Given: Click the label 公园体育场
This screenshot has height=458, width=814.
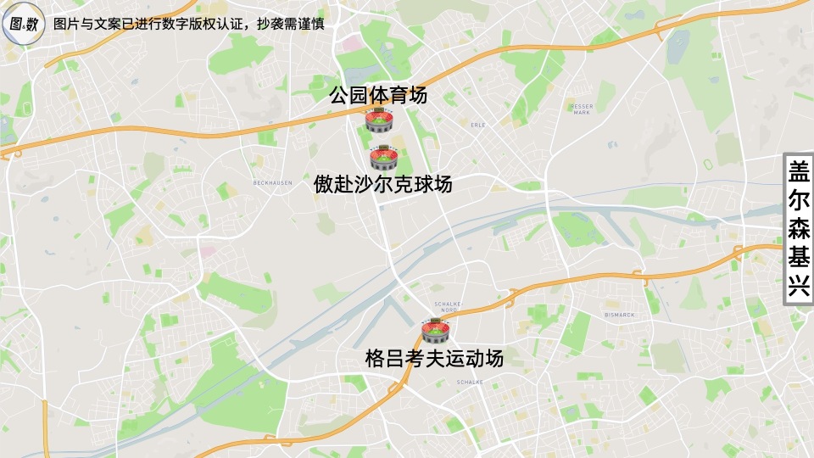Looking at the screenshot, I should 378,95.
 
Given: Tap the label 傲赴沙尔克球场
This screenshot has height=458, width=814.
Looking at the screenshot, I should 382,184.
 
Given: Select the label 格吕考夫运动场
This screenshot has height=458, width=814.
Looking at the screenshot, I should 434,358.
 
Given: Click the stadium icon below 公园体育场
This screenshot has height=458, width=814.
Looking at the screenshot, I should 378,120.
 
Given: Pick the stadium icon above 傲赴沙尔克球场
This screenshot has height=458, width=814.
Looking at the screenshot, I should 384,157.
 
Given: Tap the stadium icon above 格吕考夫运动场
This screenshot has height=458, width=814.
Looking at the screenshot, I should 435,331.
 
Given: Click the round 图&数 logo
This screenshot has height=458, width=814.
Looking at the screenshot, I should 23,24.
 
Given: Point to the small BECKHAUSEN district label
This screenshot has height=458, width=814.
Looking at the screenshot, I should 273,182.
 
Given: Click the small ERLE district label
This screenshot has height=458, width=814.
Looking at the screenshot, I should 477,124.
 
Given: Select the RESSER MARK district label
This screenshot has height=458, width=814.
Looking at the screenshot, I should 581,108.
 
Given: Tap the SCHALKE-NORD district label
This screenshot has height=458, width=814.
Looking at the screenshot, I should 447,306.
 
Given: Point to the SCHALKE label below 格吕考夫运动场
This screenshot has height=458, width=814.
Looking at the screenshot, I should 470,383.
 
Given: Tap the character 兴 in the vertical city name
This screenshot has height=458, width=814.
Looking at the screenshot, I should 799,286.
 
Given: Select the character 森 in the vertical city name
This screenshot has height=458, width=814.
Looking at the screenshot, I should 799,229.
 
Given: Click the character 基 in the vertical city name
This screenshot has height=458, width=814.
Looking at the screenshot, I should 799,258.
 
